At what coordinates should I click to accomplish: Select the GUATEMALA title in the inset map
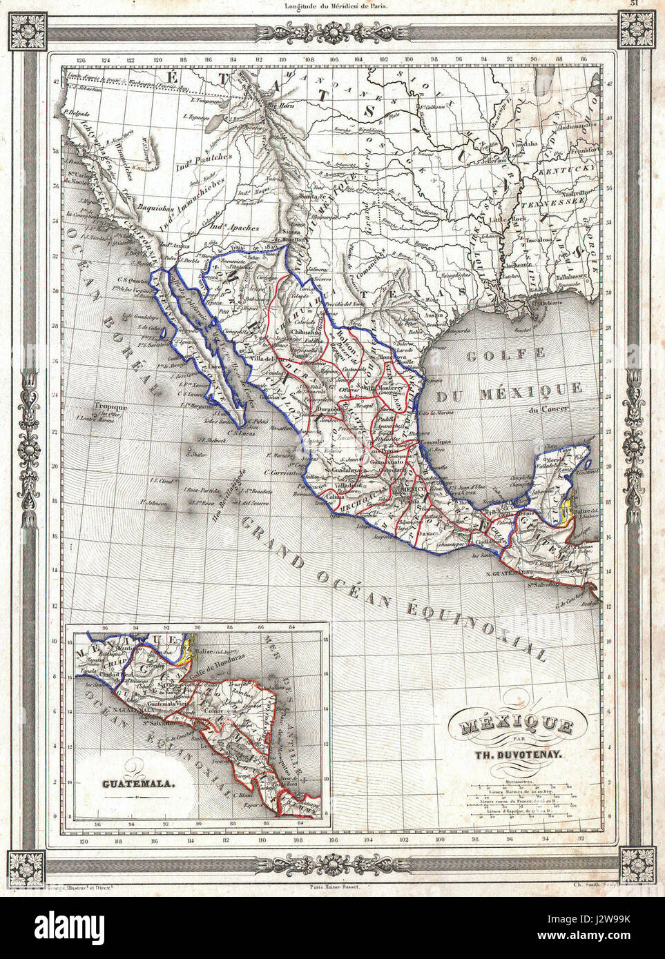pos(138,784)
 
